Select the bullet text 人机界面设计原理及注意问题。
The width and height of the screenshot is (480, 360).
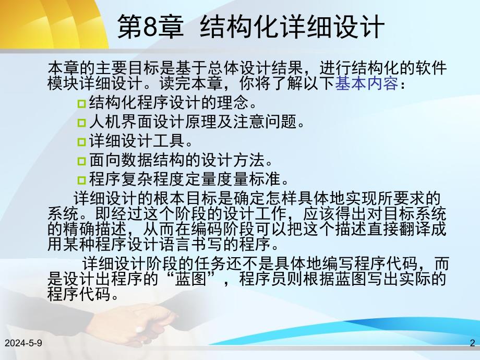pos(196,122)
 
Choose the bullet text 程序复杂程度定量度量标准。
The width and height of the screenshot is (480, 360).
pos(188,180)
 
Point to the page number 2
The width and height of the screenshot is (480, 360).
pos(472,343)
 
